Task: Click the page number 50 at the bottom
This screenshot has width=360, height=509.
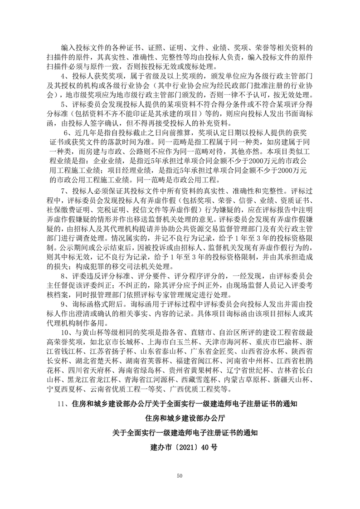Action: tap(180, 475)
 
